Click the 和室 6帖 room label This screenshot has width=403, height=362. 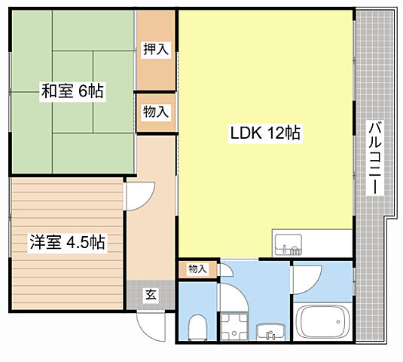(x=72, y=92)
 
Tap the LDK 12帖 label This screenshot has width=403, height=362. (x=265, y=133)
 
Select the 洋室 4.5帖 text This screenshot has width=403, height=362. (x=66, y=243)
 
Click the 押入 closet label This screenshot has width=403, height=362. (x=156, y=50)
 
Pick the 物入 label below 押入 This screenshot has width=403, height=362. (x=156, y=112)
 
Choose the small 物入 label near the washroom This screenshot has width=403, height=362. (x=197, y=268)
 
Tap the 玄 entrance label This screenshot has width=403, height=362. (x=150, y=294)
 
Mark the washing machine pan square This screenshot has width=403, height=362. (x=234, y=327)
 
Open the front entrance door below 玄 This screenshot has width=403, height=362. (x=150, y=326)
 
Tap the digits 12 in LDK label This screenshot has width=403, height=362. (x=274, y=133)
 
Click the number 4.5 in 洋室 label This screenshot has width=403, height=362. (x=76, y=243)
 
